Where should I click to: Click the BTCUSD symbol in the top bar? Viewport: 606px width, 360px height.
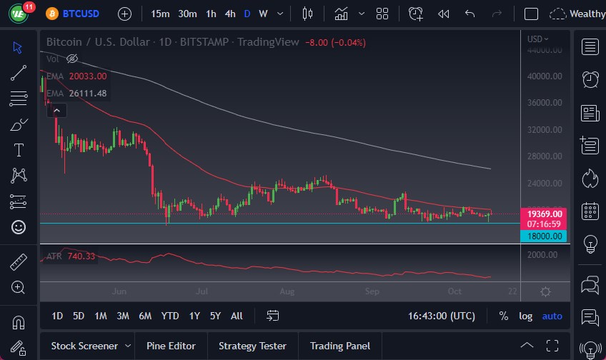pos(81,14)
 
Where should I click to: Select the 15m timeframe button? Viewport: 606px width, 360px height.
pos(160,14)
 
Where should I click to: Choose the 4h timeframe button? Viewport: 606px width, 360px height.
pos(229,14)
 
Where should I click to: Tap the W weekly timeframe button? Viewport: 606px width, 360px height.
pos(263,14)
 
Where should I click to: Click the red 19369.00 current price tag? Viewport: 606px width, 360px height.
pos(545,214)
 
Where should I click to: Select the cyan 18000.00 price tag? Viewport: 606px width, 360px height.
pos(545,236)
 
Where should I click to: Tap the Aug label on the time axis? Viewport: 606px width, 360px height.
pos(287,291)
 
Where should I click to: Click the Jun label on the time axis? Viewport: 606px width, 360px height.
pos(119,291)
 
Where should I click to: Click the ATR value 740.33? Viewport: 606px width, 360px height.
pos(81,256)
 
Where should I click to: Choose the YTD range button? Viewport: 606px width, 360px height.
pos(170,316)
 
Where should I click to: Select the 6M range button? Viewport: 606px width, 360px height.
pos(145,316)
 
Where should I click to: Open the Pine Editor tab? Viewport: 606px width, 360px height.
pos(171,346)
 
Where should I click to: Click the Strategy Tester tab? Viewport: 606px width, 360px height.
pos(252,346)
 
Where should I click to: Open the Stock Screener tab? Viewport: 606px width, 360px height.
pos(84,346)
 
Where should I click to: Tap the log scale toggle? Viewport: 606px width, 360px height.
pos(525,316)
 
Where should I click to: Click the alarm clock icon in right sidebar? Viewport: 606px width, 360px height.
pos(590,79)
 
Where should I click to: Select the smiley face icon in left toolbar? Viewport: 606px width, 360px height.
pos(19,227)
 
